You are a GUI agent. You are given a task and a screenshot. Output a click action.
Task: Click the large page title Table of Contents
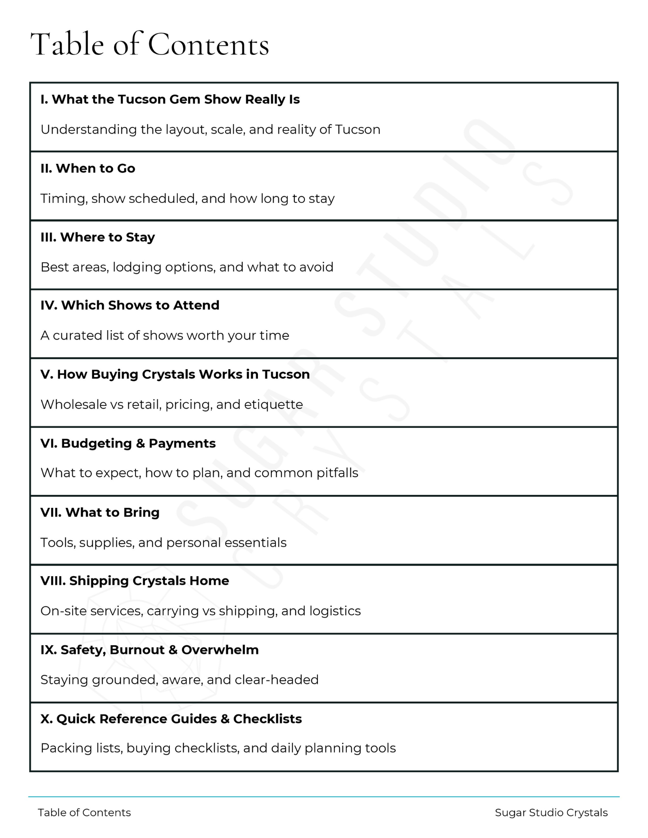[x=150, y=44]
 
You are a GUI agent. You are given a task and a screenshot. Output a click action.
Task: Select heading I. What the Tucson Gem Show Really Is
[x=170, y=99]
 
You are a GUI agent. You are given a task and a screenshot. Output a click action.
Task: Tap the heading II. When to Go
[x=88, y=168]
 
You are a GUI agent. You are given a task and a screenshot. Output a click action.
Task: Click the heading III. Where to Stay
[x=98, y=237]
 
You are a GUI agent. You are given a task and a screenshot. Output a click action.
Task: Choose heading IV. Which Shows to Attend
[x=130, y=305]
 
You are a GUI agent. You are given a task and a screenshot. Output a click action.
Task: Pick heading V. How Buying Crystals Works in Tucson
[x=175, y=374]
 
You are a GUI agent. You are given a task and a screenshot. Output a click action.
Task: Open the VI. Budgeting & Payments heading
[x=128, y=443]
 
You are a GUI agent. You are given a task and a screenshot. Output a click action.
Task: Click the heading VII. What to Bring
[x=100, y=512]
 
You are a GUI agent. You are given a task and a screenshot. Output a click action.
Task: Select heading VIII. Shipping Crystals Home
[x=135, y=581]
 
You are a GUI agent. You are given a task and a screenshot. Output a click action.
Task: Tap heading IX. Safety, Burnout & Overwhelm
[x=149, y=650]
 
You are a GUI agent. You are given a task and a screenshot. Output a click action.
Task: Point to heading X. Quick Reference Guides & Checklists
[x=171, y=719]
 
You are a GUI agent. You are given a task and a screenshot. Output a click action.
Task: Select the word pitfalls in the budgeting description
[x=337, y=473]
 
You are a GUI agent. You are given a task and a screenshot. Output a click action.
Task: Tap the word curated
[x=75, y=336]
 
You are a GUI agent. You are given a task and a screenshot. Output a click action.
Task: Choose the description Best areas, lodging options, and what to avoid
[x=187, y=267]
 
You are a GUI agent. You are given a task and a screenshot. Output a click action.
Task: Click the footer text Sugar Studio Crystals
[x=551, y=813]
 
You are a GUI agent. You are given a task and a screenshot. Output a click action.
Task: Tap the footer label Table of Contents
[x=84, y=813]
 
